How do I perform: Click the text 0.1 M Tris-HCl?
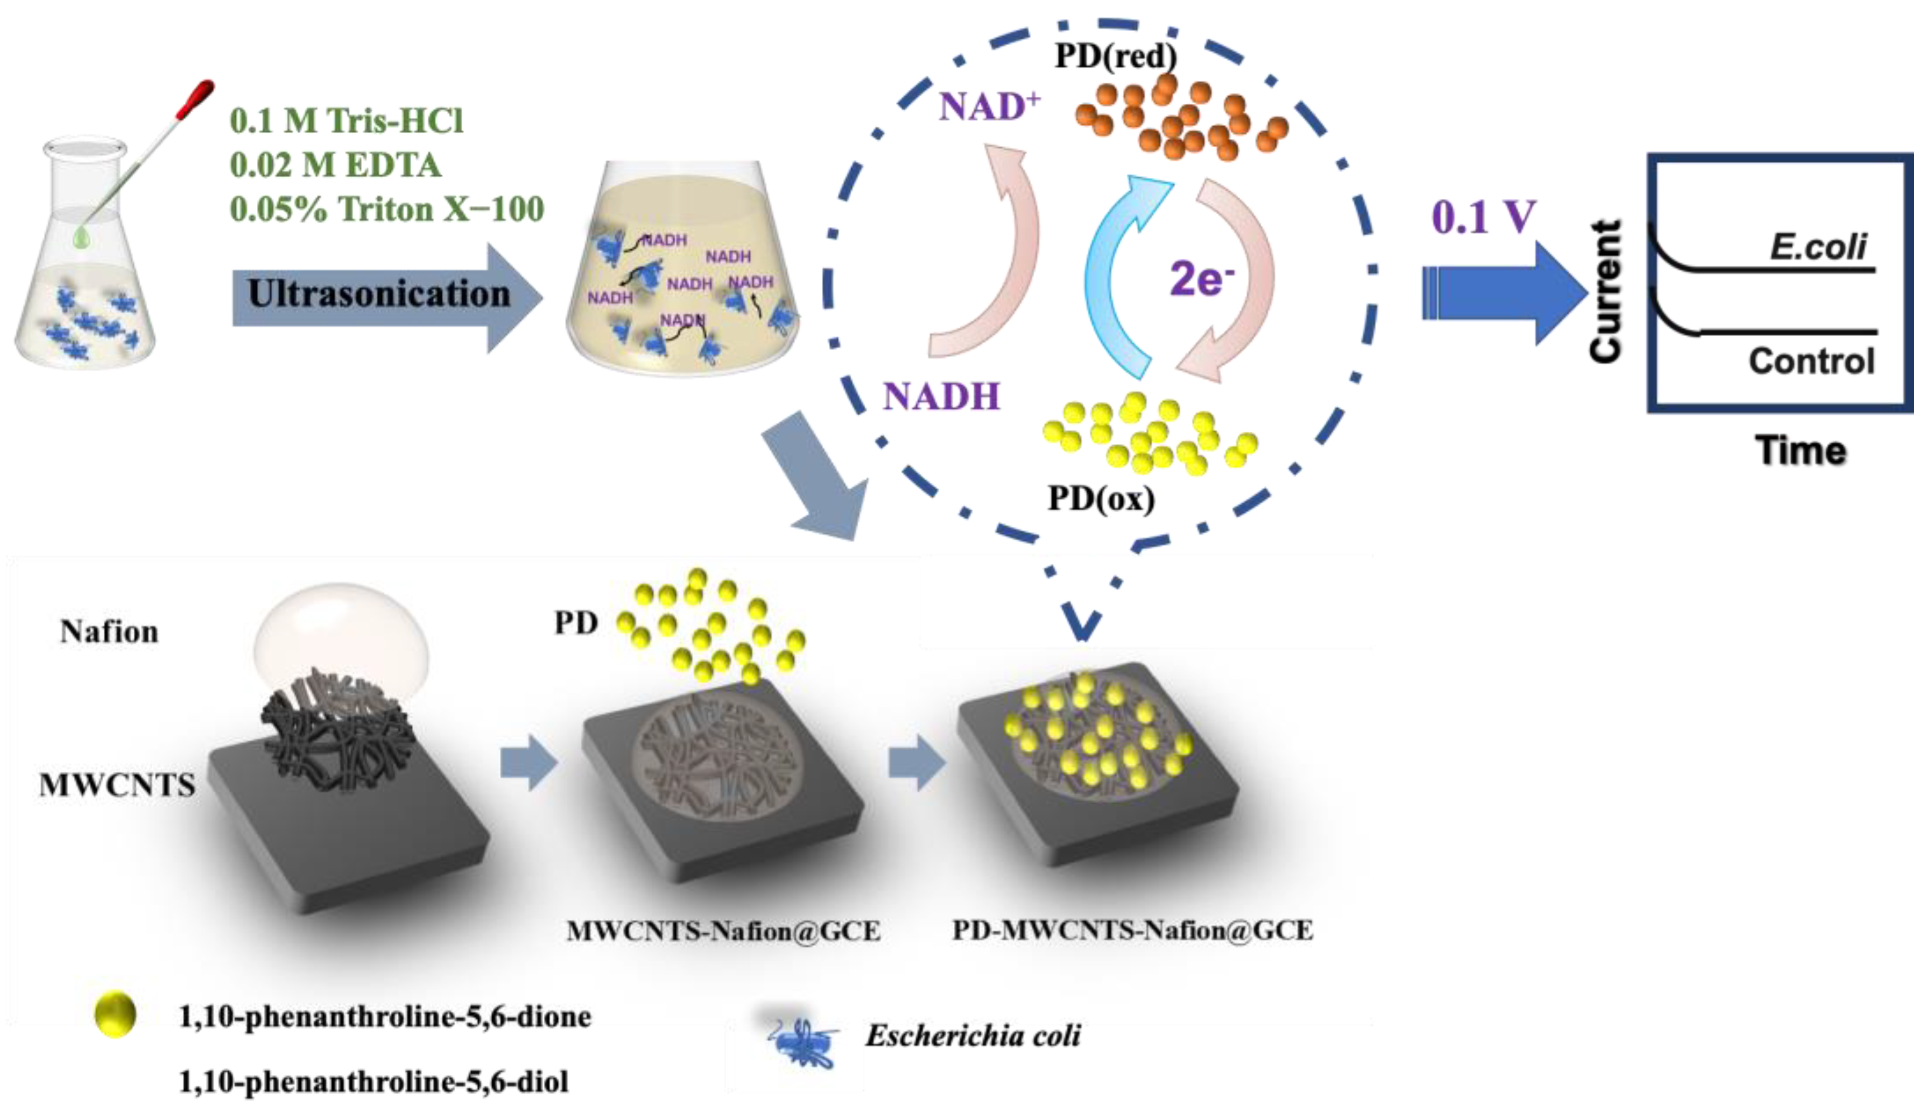click(x=347, y=121)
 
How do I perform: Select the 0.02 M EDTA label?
click(x=335, y=165)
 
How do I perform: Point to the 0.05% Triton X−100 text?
click(x=387, y=209)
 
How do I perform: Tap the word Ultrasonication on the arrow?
click(x=378, y=294)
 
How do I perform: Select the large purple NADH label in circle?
click(x=941, y=397)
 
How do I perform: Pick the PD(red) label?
click(x=1115, y=55)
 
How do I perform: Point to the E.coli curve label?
click(x=1817, y=246)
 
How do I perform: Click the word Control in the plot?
click(x=1811, y=360)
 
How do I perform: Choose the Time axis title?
click(x=1800, y=450)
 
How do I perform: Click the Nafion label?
click(x=109, y=632)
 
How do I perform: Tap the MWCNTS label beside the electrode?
click(x=117, y=785)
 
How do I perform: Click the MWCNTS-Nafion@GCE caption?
click(x=723, y=931)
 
